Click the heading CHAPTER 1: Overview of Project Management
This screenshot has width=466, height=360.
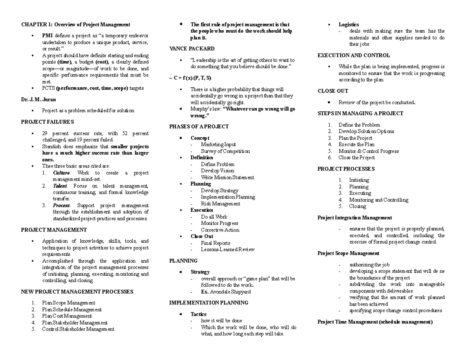coord(75,24)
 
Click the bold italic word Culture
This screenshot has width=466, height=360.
coord(61,173)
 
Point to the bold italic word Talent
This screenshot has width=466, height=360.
coord(60,186)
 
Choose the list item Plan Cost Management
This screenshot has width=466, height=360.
coord(67,316)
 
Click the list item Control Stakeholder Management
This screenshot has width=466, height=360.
coord(78,329)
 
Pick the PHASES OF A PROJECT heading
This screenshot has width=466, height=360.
coord(199,127)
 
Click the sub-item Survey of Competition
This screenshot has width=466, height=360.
coord(225,151)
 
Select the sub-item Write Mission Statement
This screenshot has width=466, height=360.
coord(227,177)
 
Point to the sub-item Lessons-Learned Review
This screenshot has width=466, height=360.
coord(228,249)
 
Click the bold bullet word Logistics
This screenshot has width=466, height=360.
coord(348,24)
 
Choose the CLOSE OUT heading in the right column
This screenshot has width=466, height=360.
coord(333,91)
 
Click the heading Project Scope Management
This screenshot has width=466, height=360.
coord(348,253)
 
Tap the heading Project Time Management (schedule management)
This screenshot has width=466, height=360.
coord(375,322)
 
